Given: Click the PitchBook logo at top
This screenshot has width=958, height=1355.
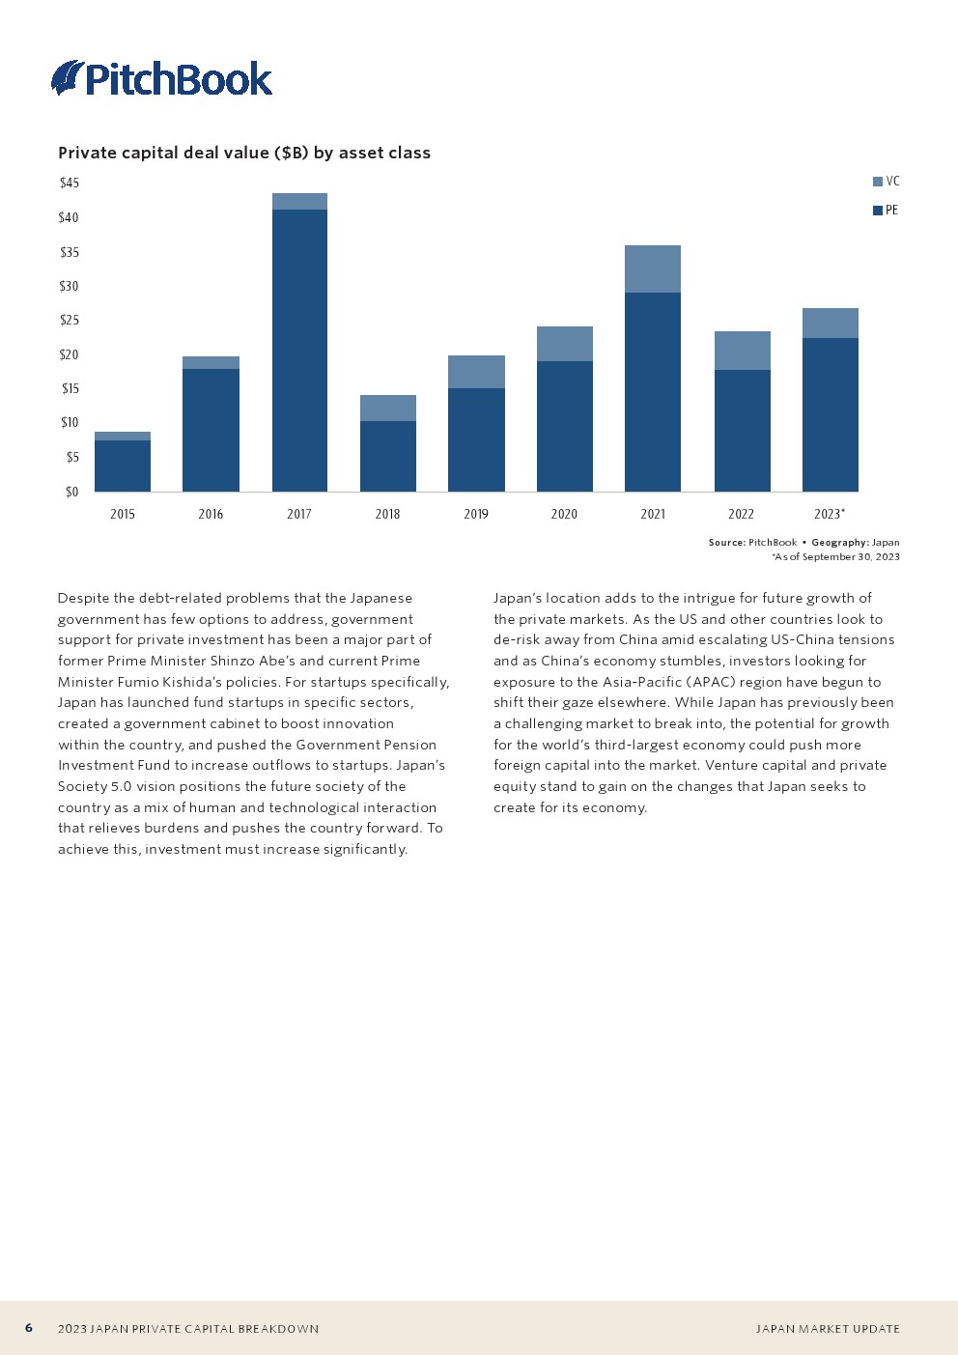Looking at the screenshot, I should [162, 78].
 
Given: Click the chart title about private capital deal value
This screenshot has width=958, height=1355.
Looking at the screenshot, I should [244, 153].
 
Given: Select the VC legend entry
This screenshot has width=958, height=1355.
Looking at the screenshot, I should [887, 182].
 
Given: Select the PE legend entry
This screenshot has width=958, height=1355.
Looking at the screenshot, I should [886, 211].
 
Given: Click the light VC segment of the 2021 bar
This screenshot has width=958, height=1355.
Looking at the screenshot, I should [653, 268].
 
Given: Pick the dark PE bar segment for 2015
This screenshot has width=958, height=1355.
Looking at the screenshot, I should [123, 466].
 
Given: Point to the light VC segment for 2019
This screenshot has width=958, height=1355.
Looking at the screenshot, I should [476, 372].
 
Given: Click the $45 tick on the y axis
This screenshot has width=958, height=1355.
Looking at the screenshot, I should [70, 183].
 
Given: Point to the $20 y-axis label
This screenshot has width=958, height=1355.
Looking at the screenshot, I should [70, 354].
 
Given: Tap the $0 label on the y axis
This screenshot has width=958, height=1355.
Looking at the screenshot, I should [71, 492].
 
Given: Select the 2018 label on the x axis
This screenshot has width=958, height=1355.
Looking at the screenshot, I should [387, 514].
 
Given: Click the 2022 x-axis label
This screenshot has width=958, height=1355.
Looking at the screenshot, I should [741, 514].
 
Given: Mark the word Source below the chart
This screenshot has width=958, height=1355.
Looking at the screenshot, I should [726, 543].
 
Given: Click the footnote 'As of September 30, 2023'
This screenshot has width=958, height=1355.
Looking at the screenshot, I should [836, 557].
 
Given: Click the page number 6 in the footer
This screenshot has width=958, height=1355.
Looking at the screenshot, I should [29, 1328].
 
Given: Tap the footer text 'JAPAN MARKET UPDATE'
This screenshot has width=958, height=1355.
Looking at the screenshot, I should [828, 1329].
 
